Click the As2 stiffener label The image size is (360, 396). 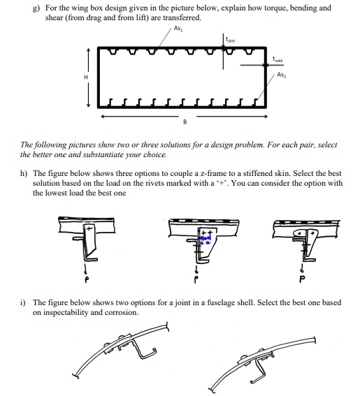point(281,75)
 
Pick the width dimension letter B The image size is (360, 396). point(185,122)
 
